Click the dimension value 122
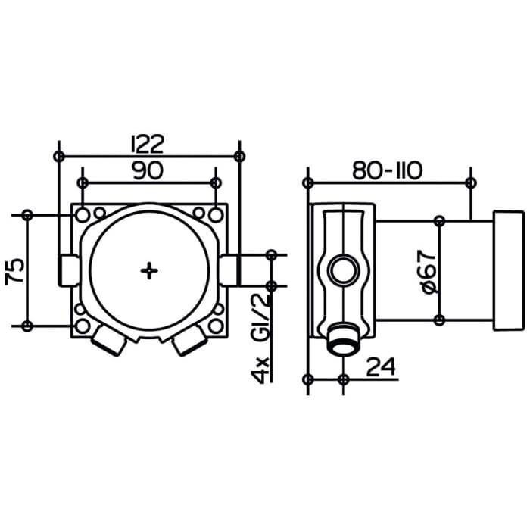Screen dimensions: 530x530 click(x=148, y=142)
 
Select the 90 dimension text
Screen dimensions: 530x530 click(x=148, y=171)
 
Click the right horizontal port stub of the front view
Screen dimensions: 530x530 click(x=229, y=270)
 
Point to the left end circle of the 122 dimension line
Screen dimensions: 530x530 click(x=59, y=156)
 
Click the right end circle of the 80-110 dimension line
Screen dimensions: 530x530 click(x=471, y=182)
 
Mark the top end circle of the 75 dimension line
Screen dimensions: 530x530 click(x=28, y=214)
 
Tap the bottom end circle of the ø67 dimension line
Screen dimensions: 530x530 click(x=439, y=321)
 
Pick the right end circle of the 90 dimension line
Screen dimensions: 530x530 click(x=216, y=182)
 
